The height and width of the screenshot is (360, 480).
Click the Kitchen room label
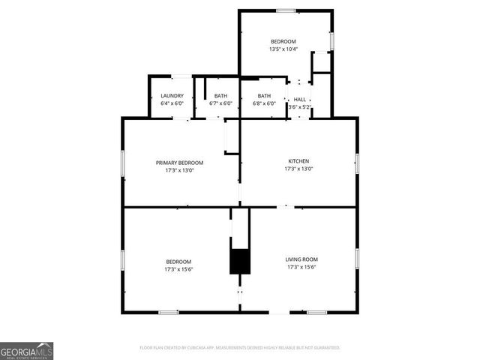[298, 161]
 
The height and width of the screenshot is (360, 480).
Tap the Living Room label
[301, 259]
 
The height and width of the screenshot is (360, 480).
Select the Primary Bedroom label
[179, 163]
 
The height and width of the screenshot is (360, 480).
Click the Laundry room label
[172, 96]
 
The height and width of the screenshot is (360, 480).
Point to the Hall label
[299, 99]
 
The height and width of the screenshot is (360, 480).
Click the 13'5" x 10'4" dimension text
[283, 49]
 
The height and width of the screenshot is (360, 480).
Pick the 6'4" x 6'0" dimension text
[172, 103]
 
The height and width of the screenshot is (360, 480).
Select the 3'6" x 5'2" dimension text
[299, 106]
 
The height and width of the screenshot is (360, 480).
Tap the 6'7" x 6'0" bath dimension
[220, 103]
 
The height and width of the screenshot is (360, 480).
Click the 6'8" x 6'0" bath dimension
[264, 103]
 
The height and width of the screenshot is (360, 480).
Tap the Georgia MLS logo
[26, 350]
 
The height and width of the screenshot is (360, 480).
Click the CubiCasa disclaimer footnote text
[240, 348]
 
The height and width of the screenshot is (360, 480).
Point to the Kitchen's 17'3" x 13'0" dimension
[298, 169]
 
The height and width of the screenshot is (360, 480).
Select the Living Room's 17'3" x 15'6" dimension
[301, 268]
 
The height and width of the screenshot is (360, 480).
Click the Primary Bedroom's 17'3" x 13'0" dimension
[179, 170]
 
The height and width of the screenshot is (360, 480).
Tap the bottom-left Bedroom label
[178, 262]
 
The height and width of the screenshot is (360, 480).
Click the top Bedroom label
[283, 41]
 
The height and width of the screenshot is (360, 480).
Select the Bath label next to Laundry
[220, 96]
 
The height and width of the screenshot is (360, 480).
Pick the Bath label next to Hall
[264, 96]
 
